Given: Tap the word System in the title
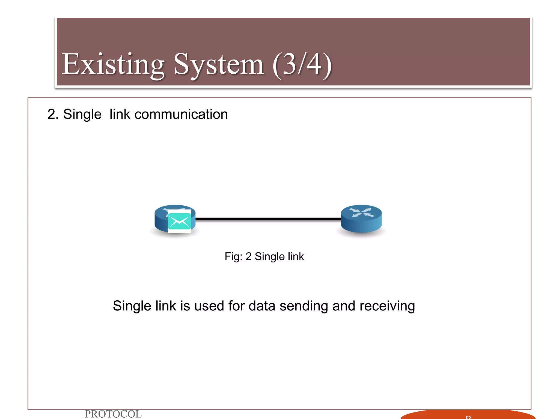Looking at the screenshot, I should (x=219, y=65).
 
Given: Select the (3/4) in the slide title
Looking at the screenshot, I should (x=302, y=65).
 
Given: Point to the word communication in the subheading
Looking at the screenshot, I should (x=181, y=114).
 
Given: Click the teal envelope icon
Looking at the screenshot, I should (x=179, y=221).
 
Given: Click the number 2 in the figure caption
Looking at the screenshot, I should (x=248, y=257).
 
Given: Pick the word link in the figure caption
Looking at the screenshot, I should (x=296, y=257).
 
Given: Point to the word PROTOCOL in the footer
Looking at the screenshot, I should (x=113, y=414).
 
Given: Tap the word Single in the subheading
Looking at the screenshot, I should (x=82, y=114).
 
